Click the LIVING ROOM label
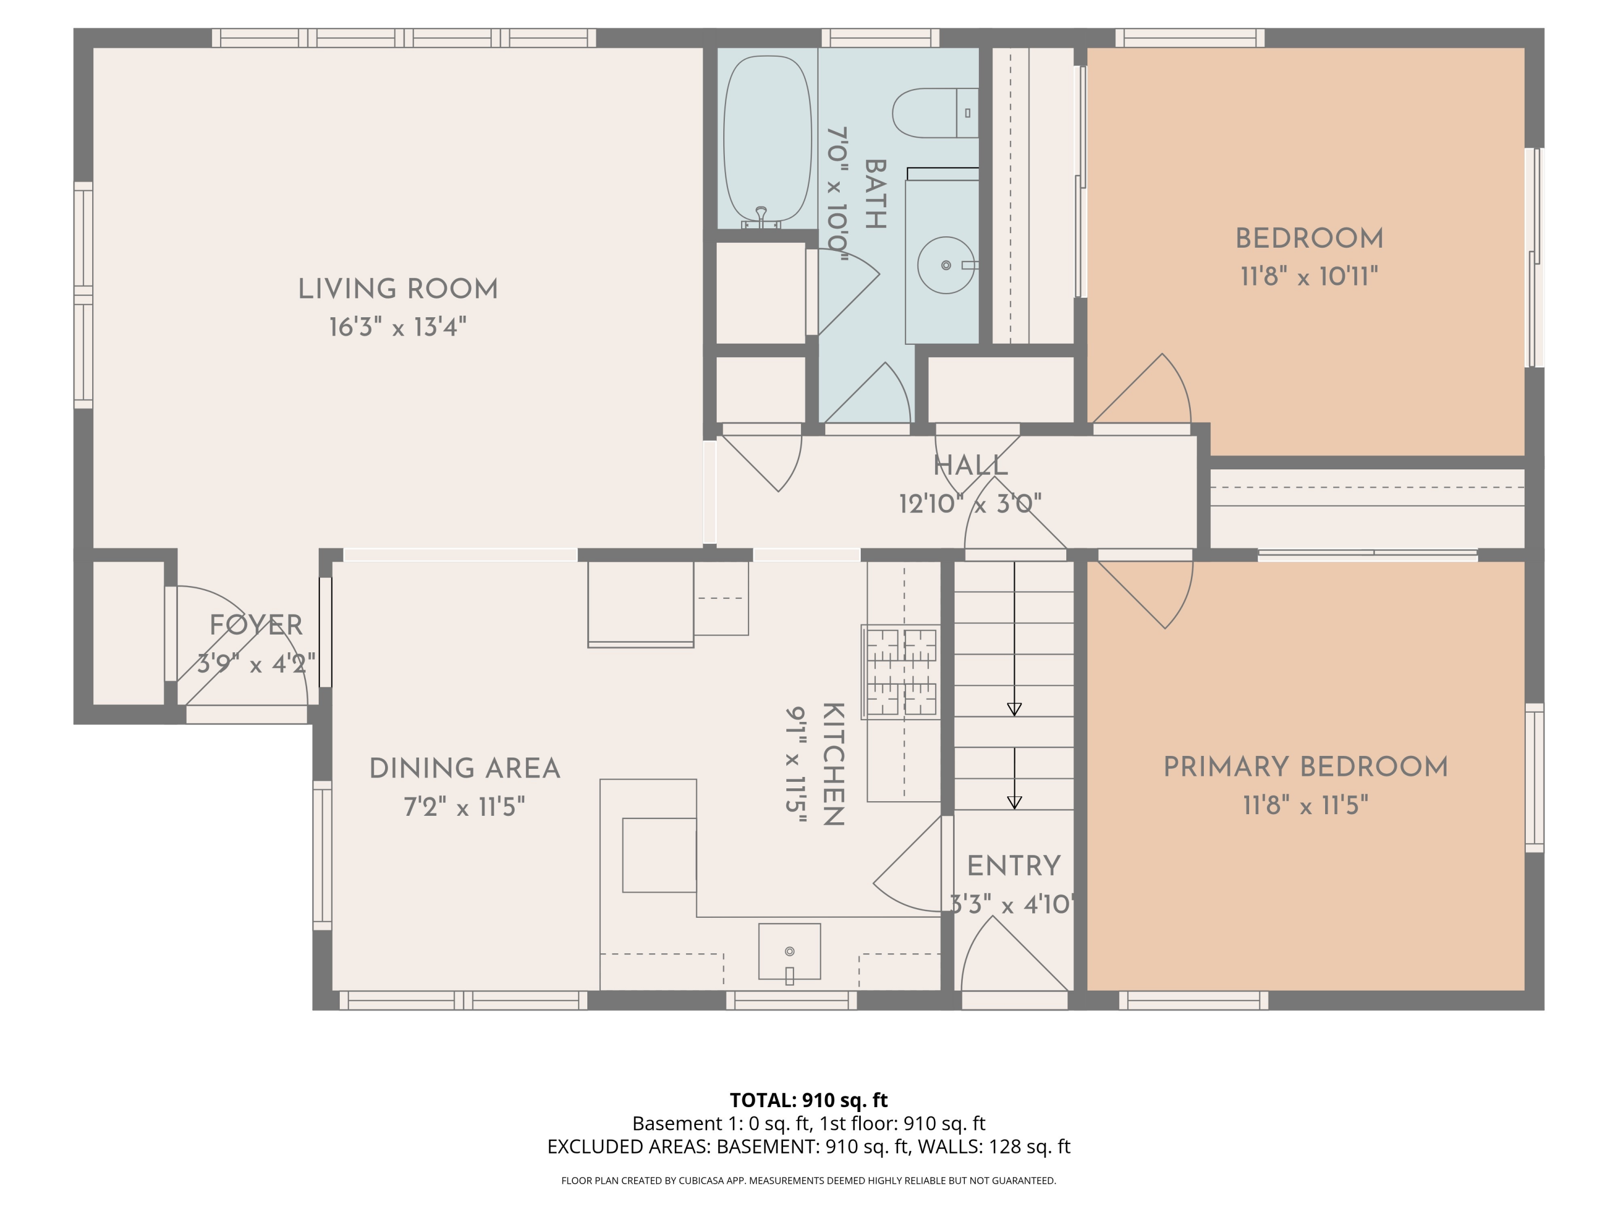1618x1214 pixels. tap(398, 289)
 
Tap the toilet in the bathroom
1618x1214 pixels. tap(935, 113)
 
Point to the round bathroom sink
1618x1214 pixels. tap(946, 265)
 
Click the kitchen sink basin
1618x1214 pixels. tap(789, 951)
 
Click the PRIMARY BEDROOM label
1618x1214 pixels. tap(1306, 767)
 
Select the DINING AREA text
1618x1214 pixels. tap(464, 768)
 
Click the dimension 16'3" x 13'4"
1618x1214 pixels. tap(398, 327)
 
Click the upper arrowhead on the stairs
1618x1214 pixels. tap(1014, 709)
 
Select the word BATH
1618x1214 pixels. tap(875, 194)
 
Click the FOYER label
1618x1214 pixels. tap(256, 625)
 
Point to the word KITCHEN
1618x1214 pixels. tap(834, 764)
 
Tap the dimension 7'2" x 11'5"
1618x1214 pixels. tap(464, 807)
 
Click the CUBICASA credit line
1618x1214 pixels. tap(809, 1181)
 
